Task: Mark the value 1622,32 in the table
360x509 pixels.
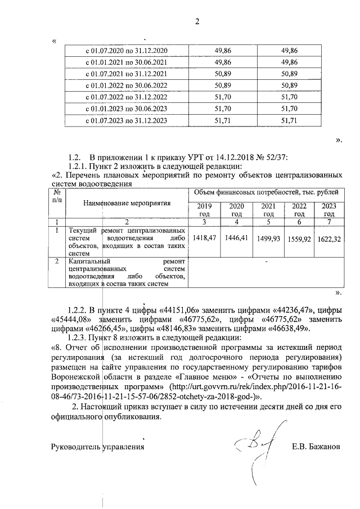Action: tap(328, 239)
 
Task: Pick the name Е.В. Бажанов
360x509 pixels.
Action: tap(317, 448)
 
